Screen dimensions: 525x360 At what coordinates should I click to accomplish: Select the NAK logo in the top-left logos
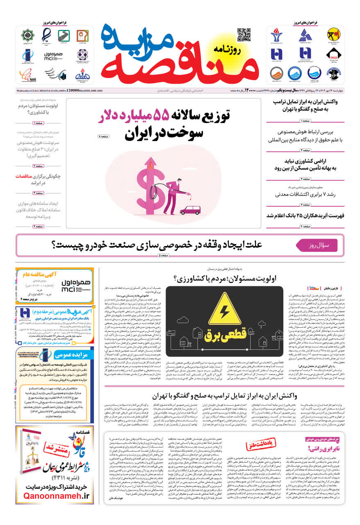tap(27, 75)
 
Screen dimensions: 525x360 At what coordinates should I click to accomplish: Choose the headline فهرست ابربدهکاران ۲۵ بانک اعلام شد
tap(305, 216)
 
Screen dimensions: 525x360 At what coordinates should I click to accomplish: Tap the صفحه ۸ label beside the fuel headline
tap(104, 136)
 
